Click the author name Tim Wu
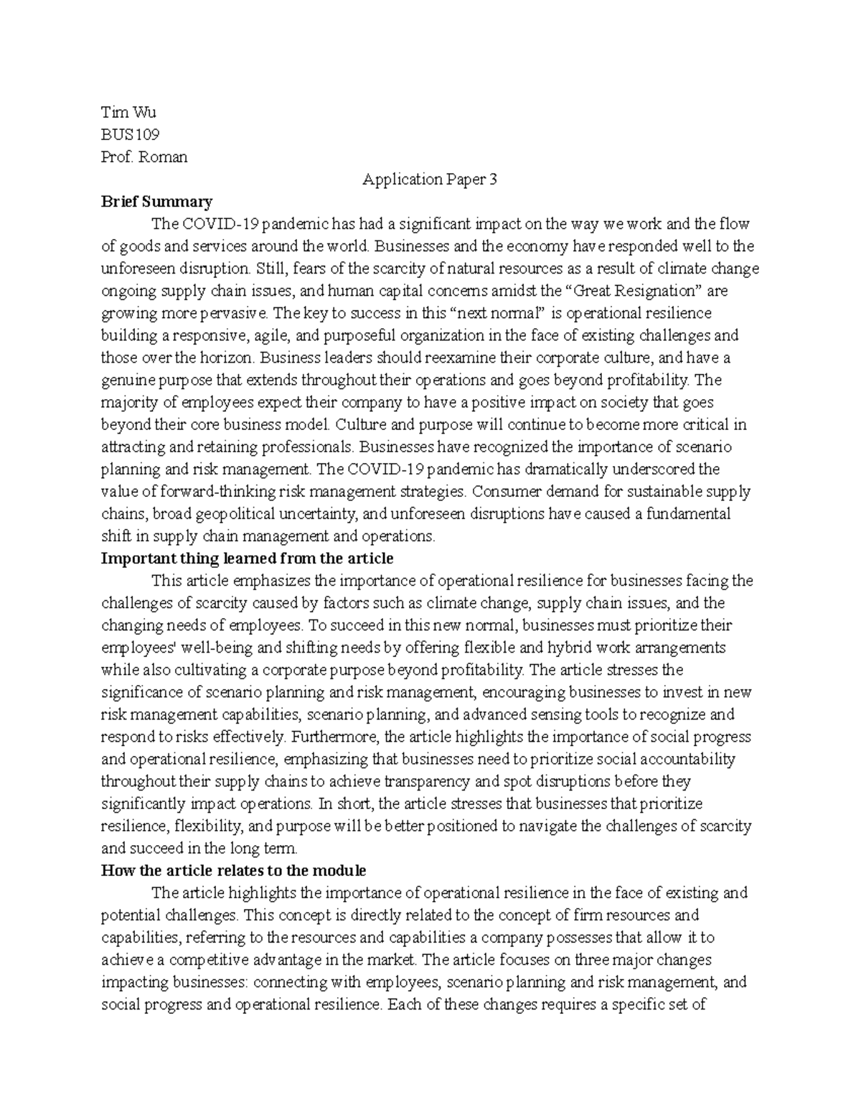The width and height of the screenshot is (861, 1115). (x=128, y=112)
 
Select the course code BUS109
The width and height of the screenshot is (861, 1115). (x=130, y=134)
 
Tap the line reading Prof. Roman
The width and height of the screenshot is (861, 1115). (x=144, y=157)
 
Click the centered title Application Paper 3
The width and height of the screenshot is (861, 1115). (x=429, y=179)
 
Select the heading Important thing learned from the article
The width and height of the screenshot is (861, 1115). (x=247, y=558)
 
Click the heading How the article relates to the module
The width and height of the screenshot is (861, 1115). (x=233, y=870)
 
